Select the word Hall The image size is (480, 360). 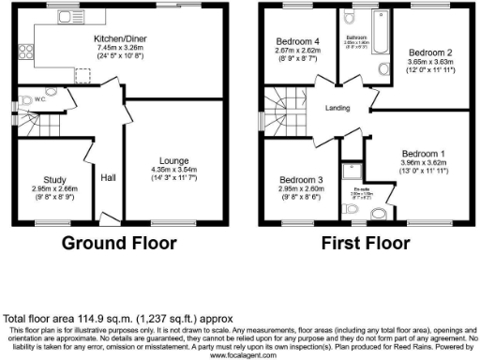tap(109, 176)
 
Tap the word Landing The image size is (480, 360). tap(337, 108)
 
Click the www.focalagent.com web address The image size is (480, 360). tap(240, 355)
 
